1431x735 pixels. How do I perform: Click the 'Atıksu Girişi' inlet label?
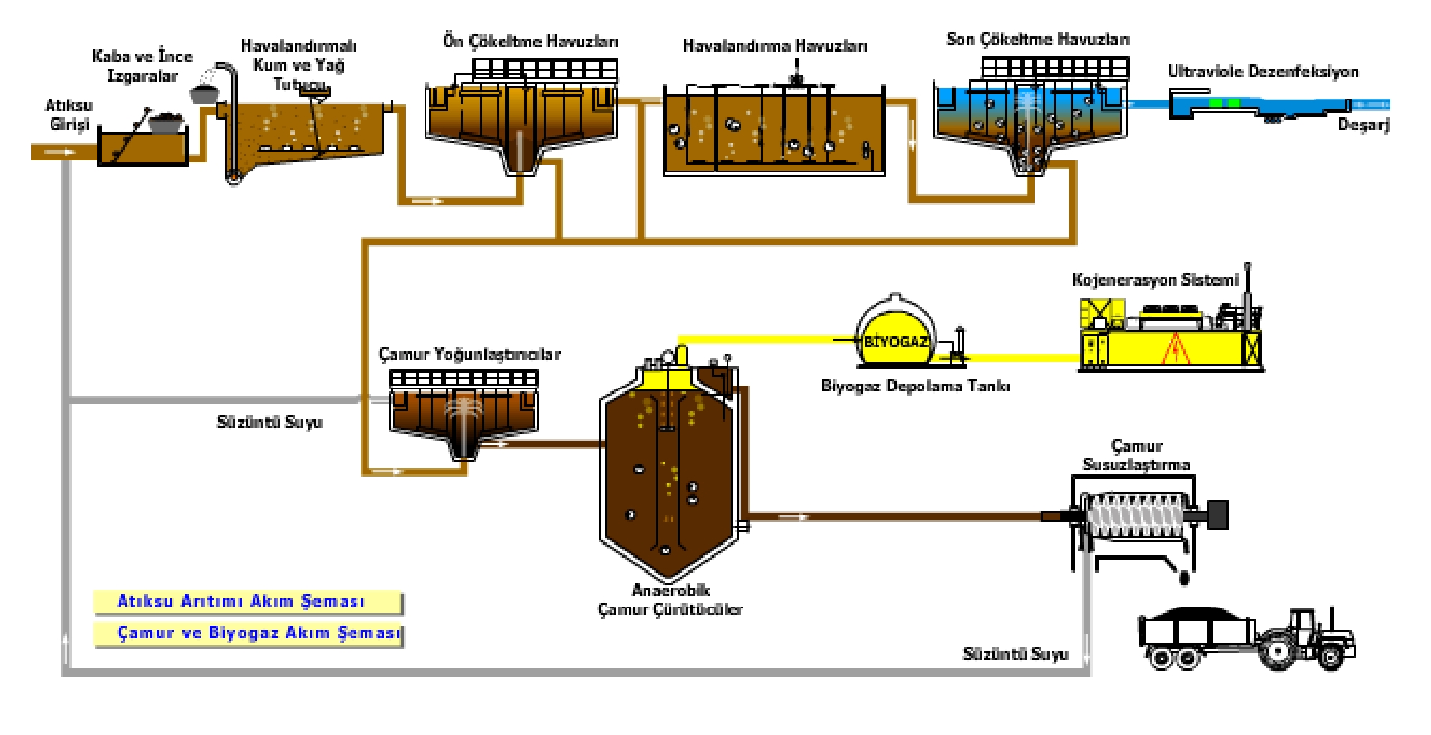click(69, 115)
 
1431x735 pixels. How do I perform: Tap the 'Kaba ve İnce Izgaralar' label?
click(142, 66)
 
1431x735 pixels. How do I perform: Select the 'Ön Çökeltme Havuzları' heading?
click(530, 42)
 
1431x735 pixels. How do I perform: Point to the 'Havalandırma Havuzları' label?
click(775, 46)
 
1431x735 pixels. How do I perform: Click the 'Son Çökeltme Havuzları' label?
click(1037, 39)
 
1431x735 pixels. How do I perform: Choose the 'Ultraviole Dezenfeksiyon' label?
click(1263, 72)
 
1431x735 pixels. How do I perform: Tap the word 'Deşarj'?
click(1363, 125)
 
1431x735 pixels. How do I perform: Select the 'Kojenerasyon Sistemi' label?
click(1155, 280)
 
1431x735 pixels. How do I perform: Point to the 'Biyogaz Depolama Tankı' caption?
click(915, 386)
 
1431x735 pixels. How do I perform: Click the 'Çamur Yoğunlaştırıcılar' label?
click(469, 354)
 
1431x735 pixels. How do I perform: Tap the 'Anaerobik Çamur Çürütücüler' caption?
click(670, 600)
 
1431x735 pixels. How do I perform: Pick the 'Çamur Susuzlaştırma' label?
click(1136, 455)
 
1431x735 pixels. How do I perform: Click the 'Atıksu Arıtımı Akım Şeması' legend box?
click(248, 602)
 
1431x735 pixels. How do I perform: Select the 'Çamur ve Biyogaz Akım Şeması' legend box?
click(249, 634)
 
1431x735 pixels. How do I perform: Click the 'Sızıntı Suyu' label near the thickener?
click(269, 422)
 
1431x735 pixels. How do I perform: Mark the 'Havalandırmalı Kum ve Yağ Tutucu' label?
click(298, 65)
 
